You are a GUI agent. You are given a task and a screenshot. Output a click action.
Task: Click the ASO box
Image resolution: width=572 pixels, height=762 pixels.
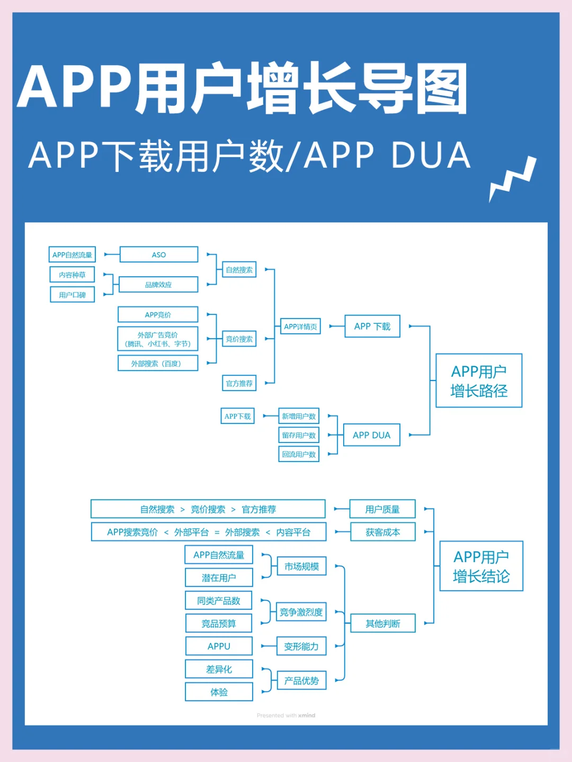click(x=159, y=255)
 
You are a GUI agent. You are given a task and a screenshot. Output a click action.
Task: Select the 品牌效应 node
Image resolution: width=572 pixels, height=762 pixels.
click(x=158, y=285)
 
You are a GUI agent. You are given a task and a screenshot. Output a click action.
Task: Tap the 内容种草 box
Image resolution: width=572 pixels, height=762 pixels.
click(x=72, y=275)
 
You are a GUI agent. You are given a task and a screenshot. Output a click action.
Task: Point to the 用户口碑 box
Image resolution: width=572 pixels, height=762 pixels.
click(x=72, y=295)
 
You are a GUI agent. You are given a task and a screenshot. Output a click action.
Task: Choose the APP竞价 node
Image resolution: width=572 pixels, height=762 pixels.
click(x=158, y=315)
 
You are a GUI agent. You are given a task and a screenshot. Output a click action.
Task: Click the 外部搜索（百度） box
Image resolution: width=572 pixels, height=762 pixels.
click(x=158, y=364)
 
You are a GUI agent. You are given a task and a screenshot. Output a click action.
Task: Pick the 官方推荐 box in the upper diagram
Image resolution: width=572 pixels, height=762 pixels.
click(x=239, y=383)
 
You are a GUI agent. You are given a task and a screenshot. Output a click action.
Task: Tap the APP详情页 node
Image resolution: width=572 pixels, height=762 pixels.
click(x=300, y=326)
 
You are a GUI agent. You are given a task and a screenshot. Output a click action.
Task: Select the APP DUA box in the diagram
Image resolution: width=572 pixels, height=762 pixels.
click(x=371, y=435)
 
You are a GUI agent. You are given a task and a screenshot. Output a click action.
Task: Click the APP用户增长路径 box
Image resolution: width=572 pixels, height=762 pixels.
click(x=479, y=381)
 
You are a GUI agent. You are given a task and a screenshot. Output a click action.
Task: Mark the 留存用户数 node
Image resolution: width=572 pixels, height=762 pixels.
click(x=299, y=435)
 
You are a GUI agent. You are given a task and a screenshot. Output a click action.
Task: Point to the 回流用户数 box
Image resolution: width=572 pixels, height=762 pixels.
click(x=299, y=454)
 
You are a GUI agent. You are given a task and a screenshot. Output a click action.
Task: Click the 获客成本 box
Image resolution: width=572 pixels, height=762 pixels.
click(x=382, y=532)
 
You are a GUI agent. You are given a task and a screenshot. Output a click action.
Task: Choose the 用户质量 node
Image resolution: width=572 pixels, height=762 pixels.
click(x=382, y=509)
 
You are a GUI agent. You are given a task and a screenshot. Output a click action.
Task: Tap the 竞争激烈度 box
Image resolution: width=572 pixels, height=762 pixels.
click(x=301, y=612)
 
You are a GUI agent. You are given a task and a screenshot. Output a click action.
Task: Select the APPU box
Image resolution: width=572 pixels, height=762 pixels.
click(x=219, y=646)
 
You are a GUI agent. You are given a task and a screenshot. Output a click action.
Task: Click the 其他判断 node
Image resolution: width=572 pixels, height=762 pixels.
click(x=382, y=623)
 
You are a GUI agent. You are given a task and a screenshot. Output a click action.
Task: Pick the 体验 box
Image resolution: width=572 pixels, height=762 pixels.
click(x=219, y=692)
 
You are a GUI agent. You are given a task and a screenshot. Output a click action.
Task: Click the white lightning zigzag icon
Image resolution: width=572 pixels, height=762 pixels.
click(x=512, y=179)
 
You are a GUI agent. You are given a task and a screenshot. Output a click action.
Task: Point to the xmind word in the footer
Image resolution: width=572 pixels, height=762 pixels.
click(x=307, y=715)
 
